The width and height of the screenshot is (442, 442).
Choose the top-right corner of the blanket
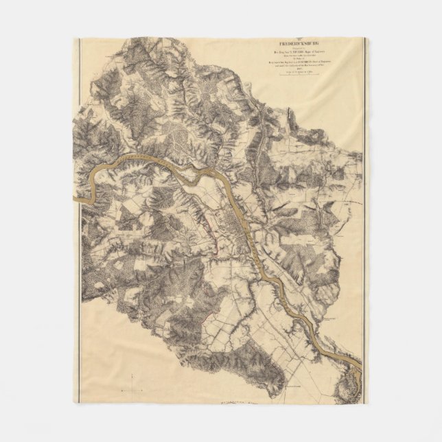click(x=367, y=38)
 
